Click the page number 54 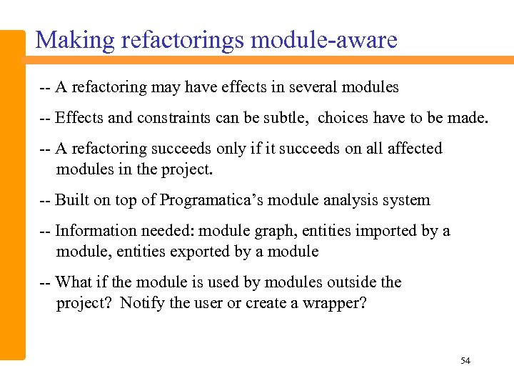[x=465, y=361]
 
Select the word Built [x=73, y=200]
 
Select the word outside [x=352, y=282]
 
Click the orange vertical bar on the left [x=13, y=193]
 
